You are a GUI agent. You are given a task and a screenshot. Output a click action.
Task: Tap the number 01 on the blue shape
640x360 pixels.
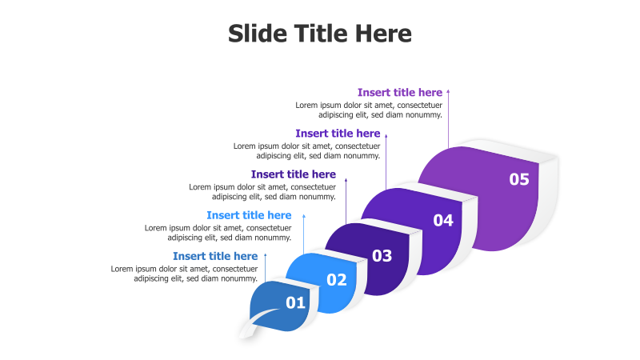coord(296,302)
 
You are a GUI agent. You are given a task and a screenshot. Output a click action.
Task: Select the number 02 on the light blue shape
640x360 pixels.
coord(337,279)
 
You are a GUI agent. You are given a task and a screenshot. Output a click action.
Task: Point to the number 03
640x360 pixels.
coord(382,256)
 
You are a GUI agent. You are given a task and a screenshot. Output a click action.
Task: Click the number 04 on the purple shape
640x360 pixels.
coord(443,220)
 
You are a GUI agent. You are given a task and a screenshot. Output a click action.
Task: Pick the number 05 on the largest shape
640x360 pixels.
coord(519,179)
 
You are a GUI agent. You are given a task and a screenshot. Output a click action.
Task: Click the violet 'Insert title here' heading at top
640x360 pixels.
coord(399,93)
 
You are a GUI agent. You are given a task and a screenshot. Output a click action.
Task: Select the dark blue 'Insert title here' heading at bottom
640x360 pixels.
coord(215,256)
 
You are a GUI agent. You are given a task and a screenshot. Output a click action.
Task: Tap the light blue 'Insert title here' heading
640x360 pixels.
coord(249,215)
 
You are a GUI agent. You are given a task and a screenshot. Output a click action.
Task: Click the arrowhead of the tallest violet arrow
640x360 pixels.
coord(448,93)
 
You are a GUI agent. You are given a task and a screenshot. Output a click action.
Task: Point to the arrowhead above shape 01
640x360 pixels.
coord(265,256)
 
